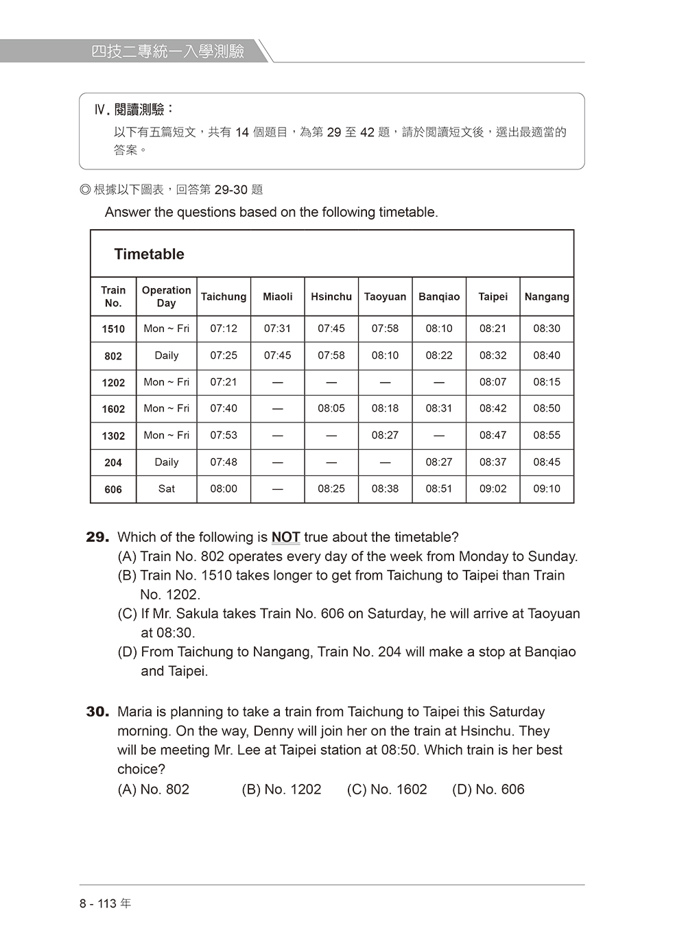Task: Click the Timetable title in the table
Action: point(149,254)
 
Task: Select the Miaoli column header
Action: point(278,296)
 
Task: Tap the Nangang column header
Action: point(547,296)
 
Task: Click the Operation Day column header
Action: point(167,296)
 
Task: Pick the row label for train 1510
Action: point(113,329)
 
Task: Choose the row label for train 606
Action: point(113,490)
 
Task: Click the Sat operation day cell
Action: point(167,489)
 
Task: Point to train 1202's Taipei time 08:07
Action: point(493,382)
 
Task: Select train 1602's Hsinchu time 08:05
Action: point(331,408)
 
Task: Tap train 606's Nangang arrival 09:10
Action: point(547,489)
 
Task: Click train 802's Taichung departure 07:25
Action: point(224,355)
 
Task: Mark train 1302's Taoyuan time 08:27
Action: point(385,435)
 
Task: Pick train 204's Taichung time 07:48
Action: point(224,462)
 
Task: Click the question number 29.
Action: point(97,537)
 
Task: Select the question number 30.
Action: point(97,712)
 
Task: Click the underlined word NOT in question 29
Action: point(285,537)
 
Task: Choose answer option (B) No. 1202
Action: point(281,789)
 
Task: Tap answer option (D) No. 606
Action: point(488,789)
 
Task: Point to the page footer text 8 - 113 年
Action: point(105,903)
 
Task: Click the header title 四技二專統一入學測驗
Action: point(168,51)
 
